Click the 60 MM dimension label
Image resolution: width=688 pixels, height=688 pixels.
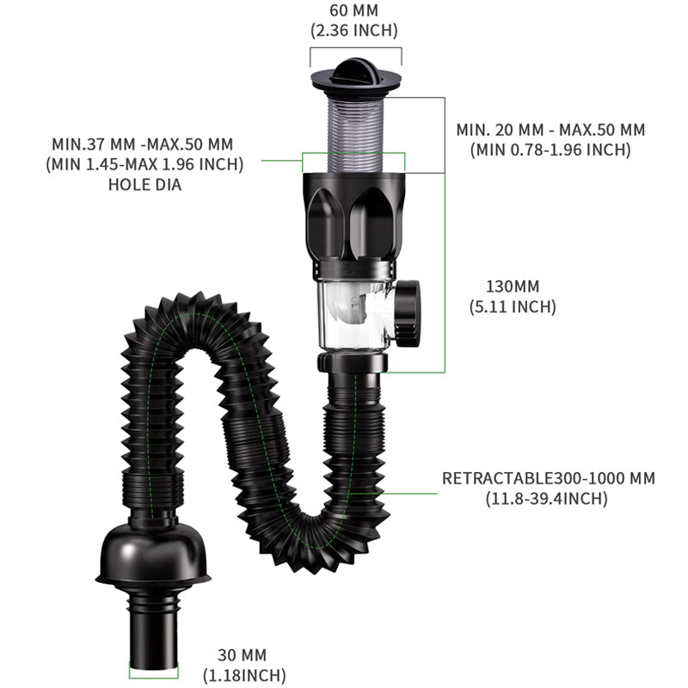[353, 11]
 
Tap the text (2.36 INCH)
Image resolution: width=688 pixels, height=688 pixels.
[353, 31]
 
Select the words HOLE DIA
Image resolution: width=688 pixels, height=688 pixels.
[144, 183]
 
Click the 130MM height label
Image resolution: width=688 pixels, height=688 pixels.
[512, 286]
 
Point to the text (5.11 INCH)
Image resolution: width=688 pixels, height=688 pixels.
[513, 306]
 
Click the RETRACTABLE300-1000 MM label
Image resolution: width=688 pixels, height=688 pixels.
[548, 478]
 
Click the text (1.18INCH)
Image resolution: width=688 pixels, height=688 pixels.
[244, 676]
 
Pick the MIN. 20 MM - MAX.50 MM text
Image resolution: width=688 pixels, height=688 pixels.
[550, 130]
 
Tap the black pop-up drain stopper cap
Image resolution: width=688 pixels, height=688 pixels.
[354, 72]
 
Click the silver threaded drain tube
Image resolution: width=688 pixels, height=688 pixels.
[354, 129]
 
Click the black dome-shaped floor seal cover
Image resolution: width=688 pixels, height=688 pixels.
[155, 555]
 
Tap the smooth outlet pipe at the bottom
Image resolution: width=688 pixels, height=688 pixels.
[155, 632]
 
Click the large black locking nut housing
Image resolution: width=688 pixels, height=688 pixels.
[354, 219]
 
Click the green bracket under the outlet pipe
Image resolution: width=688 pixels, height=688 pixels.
[155, 671]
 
